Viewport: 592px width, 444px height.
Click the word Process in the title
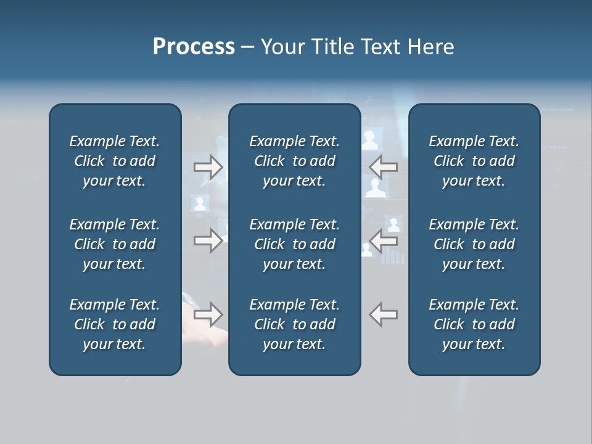coord(194,47)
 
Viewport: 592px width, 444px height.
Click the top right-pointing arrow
coord(208,167)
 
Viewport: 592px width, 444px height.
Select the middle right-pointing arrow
coord(208,240)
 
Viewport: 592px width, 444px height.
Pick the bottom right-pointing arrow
coord(208,314)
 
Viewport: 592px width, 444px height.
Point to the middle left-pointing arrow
coord(383,240)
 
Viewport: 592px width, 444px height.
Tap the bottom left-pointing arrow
coord(383,314)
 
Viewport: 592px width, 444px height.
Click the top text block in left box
coord(115,161)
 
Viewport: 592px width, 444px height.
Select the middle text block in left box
coord(115,244)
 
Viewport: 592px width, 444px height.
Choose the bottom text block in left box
coord(115,324)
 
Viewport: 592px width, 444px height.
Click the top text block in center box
coord(294,161)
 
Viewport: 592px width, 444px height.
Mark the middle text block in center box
coord(294,244)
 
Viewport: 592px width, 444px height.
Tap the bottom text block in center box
coord(294,324)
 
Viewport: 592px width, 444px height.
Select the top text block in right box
coord(474,161)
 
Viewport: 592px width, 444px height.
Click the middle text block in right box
coord(474,244)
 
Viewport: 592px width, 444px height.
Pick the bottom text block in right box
coord(474,324)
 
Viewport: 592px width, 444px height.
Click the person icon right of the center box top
coord(370,141)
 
